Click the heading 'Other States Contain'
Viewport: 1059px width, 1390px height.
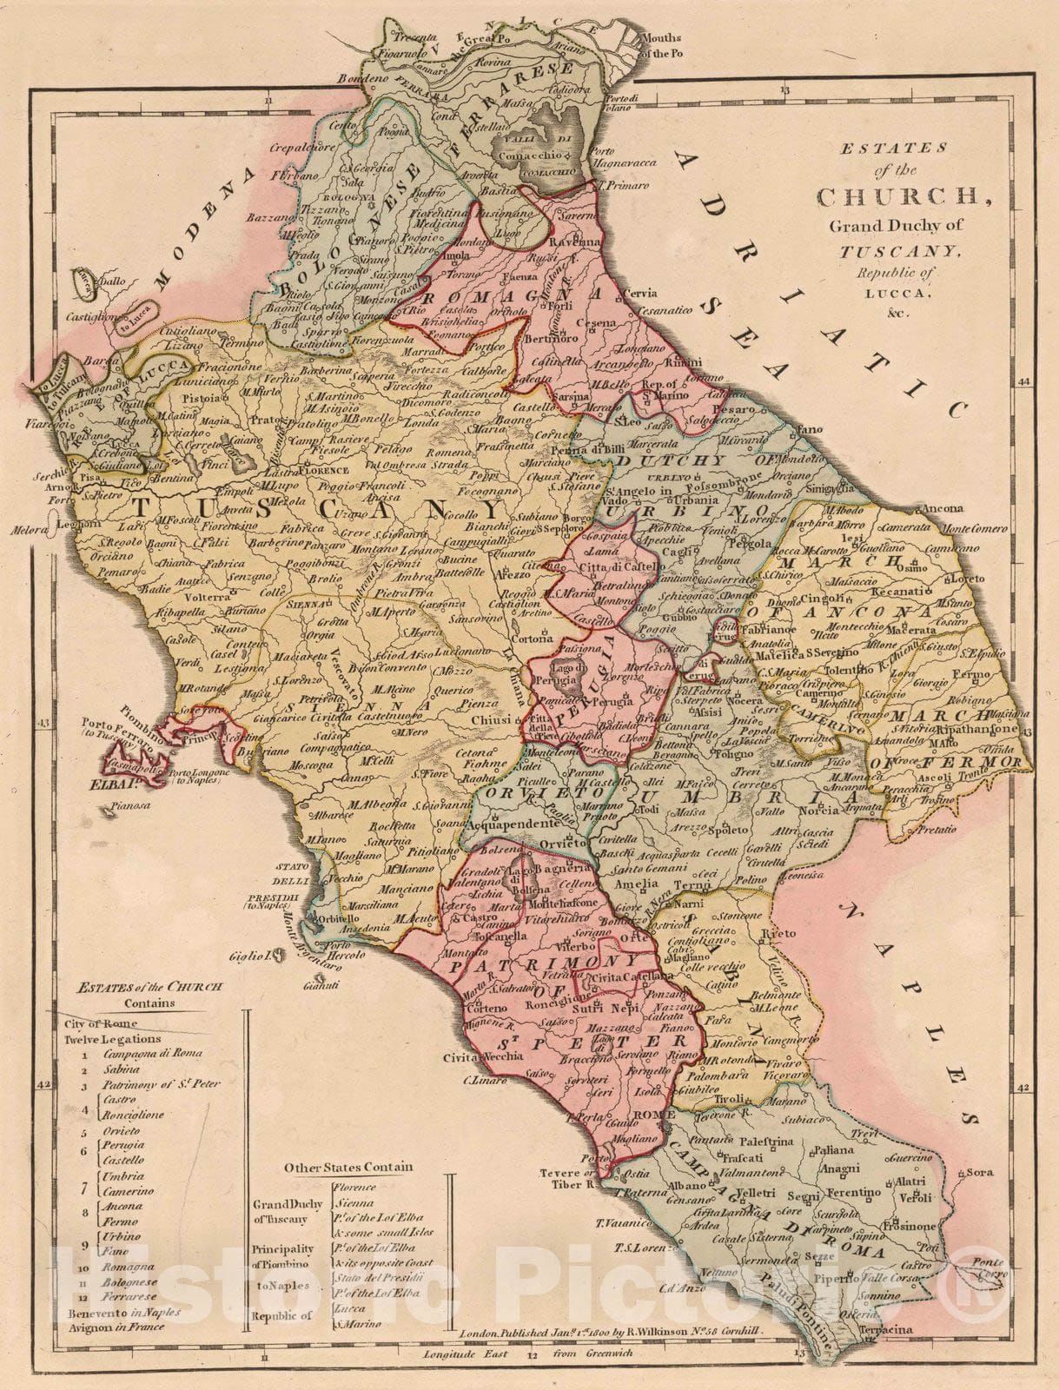pyautogui.click(x=348, y=1167)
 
